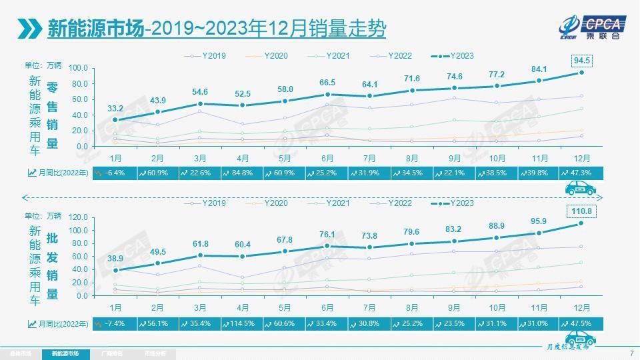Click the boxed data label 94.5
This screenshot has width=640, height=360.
[x=582, y=61]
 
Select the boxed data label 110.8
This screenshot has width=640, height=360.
[x=581, y=211]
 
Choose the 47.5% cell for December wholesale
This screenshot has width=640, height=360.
[x=581, y=323]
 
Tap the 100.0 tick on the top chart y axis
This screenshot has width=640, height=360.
[x=78, y=68]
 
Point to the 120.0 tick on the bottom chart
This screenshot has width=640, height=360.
[x=78, y=217]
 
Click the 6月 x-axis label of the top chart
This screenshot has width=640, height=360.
[x=327, y=158]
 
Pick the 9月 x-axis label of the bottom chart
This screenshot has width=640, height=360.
[x=454, y=307]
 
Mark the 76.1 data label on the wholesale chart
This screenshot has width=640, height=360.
[x=327, y=234]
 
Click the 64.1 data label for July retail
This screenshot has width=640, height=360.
[x=370, y=85]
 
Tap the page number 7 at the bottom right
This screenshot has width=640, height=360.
[x=631, y=353]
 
